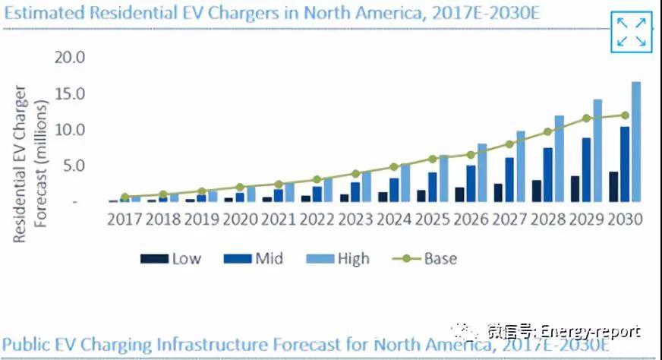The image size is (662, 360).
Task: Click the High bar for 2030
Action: coord(636,142)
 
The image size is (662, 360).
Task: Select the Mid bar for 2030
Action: coord(624,164)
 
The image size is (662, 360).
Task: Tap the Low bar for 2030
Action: coord(613,187)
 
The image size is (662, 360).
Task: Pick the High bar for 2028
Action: coord(560,159)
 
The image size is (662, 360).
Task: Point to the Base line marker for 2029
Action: coord(586,118)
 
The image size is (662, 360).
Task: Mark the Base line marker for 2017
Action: coord(125,197)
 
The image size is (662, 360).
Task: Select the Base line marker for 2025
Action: coord(432,159)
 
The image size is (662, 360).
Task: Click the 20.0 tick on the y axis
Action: coord(69,58)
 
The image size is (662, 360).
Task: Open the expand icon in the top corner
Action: coord(632,32)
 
